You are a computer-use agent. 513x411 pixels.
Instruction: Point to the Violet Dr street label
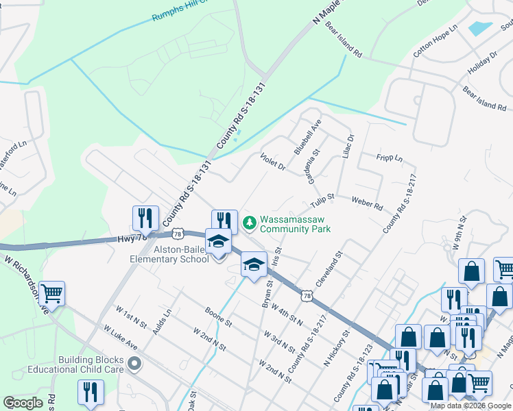click(x=273, y=161)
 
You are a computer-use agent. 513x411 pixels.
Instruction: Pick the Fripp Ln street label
click(x=389, y=158)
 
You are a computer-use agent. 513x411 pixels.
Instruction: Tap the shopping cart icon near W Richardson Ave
click(x=52, y=294)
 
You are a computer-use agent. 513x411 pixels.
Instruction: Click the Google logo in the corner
click(x=23, y=402)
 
